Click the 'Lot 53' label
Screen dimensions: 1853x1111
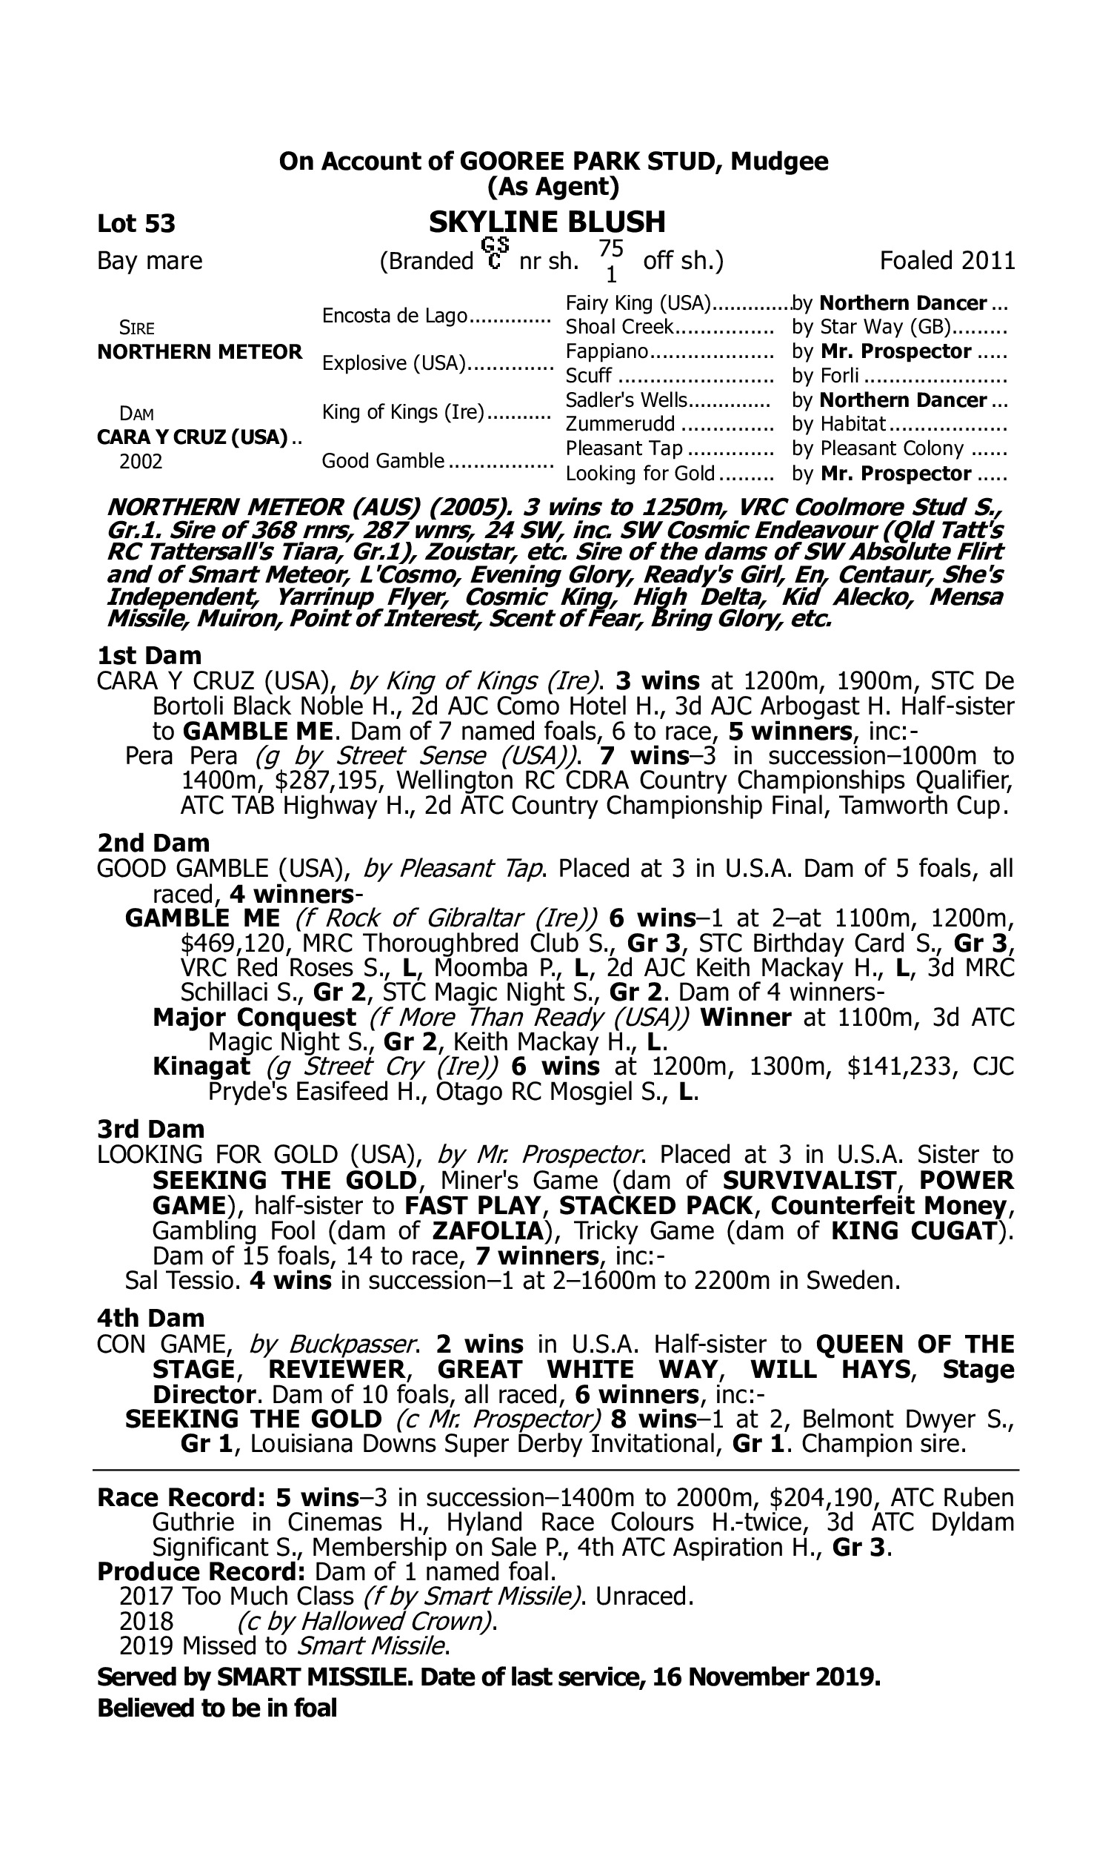tap(136, 223)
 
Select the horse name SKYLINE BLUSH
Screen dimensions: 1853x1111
tap(547, 222)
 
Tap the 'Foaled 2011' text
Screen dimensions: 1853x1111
tap(947, 261)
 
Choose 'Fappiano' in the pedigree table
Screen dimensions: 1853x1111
tap(607, 351)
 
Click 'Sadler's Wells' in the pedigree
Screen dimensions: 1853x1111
tap(626, 400)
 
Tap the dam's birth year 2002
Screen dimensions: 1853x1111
tap(141, 461)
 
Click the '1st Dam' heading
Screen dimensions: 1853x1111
tap(150, 655)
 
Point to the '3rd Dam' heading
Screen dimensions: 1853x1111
tap(151, 1129)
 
